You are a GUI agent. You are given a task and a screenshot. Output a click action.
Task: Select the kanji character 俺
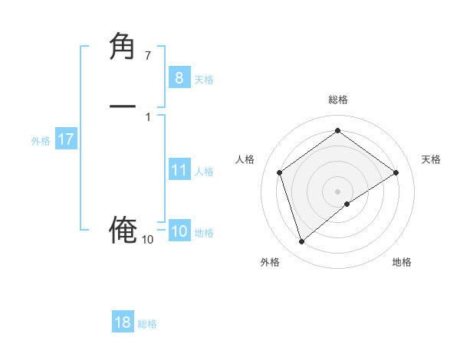[123, 229]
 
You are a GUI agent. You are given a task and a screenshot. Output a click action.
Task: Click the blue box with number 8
[179, 77]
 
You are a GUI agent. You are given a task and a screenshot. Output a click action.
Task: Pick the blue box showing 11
[179, 169]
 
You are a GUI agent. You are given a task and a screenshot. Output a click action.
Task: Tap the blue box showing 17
[65, 139]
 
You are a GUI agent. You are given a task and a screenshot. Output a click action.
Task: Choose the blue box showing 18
[123, 322]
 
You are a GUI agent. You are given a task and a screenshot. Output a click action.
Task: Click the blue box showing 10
[179, 231]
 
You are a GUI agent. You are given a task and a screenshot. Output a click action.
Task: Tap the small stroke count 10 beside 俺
[147, 240]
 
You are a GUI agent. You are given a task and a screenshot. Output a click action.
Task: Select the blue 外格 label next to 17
[41, 141]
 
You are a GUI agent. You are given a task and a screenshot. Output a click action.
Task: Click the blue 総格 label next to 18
[147, 324]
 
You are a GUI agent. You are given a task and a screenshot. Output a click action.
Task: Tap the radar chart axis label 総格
[337, 100]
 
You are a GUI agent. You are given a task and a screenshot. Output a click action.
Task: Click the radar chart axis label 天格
[432, 159]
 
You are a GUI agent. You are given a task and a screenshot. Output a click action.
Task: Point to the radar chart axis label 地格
[402, 262]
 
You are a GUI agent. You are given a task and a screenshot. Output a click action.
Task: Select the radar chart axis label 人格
[245, 159]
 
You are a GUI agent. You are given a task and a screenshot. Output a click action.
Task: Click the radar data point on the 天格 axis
[396, 172]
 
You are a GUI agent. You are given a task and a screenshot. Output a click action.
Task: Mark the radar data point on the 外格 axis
[301, 242]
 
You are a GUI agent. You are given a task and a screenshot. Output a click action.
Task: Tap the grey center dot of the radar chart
[337, 191]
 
